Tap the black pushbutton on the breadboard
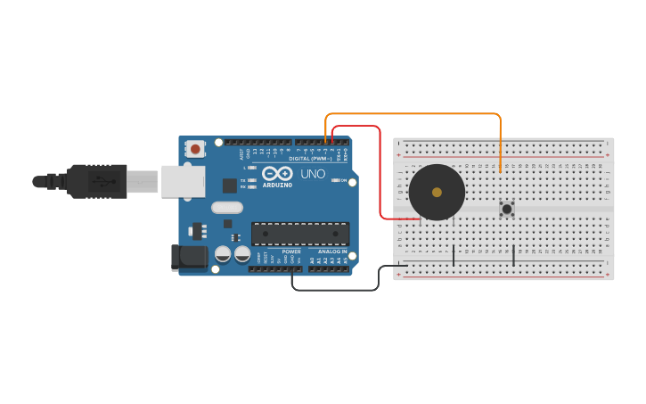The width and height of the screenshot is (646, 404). tap(507, 209)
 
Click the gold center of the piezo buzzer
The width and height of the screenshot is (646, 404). tap(437, 192)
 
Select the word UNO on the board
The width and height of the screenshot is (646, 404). tap(313, 174)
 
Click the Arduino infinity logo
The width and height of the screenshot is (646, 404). tap(277, 174)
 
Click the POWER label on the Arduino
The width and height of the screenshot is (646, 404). tap(291, 251)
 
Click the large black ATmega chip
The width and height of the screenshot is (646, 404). tap(299, 234)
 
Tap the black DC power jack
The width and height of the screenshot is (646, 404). tap(188, 259)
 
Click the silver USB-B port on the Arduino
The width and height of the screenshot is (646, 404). tap(183, 181)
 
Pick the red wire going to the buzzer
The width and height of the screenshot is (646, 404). tap(380, 178)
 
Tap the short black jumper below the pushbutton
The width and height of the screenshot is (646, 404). tap(513, 255)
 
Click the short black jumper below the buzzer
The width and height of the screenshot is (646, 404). tap(454, 255)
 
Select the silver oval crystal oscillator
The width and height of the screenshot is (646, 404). tap(227, 208)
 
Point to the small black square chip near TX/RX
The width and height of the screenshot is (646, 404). tap(230, 186)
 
